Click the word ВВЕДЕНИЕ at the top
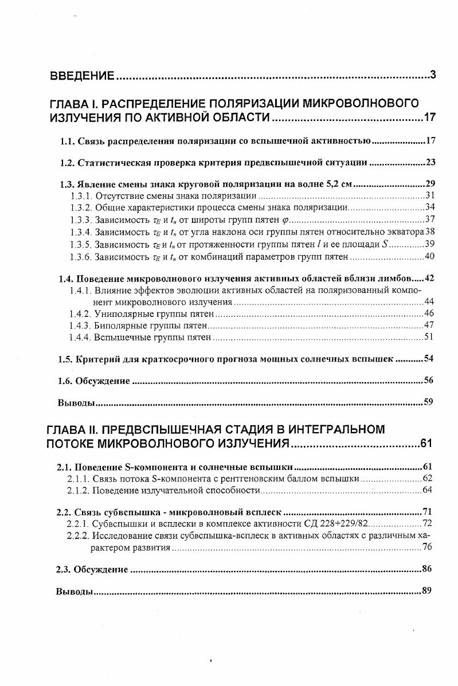(83, 75)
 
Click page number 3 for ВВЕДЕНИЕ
(433, 75)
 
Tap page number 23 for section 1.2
(430, 162)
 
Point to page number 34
(430, 207)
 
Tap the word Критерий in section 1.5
(97, 359)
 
